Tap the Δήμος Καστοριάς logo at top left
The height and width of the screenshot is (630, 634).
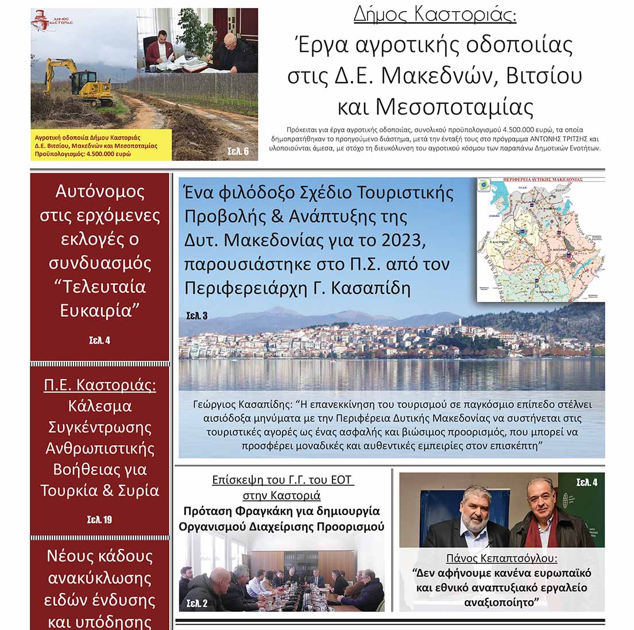[49, 22]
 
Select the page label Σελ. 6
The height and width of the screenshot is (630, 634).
[238, 152]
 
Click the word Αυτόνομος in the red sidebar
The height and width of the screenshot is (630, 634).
[100, 191]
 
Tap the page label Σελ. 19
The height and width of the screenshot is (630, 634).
[99, 520]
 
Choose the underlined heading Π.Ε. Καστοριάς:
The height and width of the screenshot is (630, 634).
[100, 385]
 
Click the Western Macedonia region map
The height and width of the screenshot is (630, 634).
[540, 238]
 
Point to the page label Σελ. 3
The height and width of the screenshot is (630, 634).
[197, 315]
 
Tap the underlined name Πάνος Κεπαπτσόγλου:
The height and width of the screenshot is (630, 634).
[502, 558]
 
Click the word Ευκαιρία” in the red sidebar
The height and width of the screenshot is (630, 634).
[100, 311]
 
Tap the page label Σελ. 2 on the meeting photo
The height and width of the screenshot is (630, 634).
[197, 604]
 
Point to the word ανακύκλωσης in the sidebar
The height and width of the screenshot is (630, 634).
[100, 578]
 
